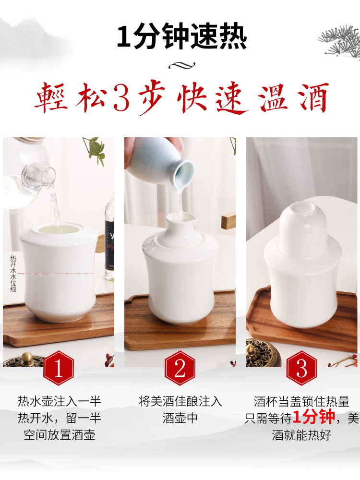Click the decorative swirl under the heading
[x=181, y=65]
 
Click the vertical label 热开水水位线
[x=13, y=274]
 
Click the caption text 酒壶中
[x=180, y=418]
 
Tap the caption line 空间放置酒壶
[x=60, y=435]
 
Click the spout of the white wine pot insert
[x=172, y=221]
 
